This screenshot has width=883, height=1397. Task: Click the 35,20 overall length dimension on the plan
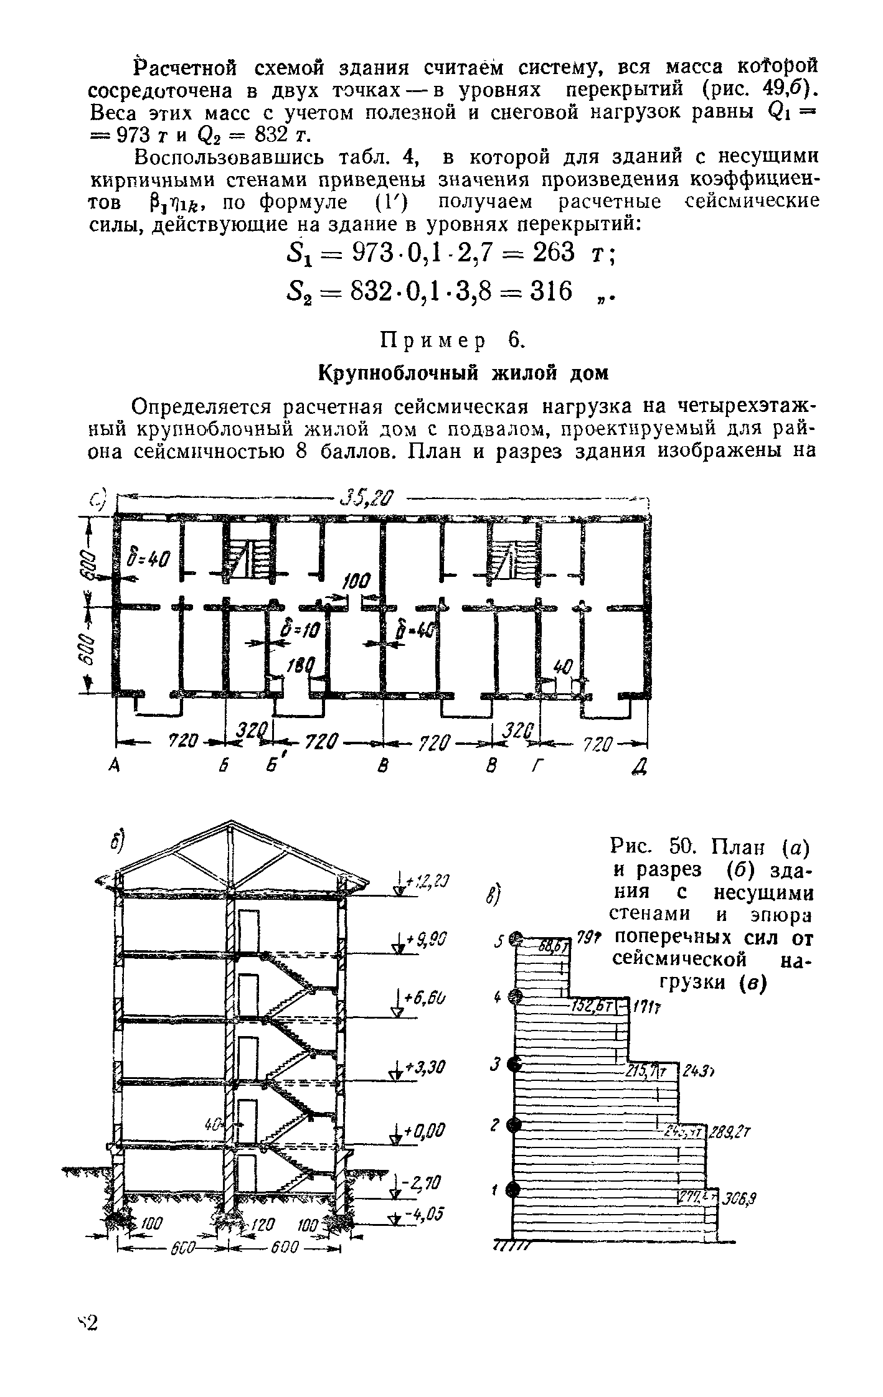367,499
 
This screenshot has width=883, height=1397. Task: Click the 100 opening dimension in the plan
356,582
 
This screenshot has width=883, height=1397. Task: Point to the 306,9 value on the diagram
740,1198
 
